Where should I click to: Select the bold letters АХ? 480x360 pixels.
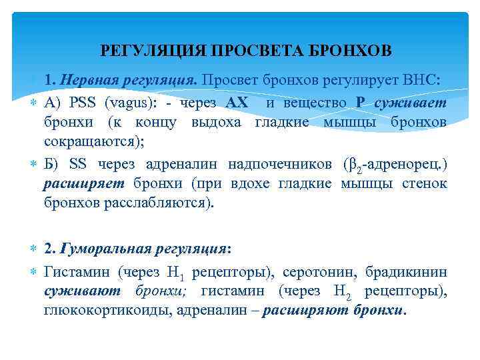coord(237,103)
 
